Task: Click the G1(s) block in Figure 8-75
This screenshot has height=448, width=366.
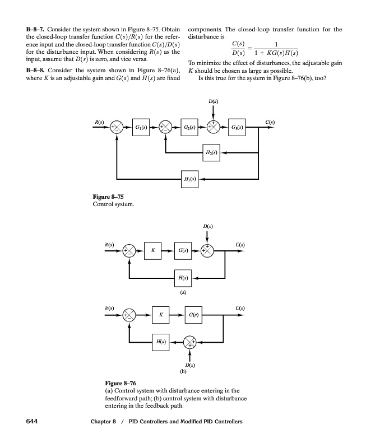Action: click(x=141, y=128)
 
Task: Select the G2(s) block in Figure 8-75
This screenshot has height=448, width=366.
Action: click(x=190, y=128)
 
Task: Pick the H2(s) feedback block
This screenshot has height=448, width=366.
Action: click(x=212, y=152)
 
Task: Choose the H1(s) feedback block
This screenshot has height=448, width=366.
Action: click(x=190, y=179)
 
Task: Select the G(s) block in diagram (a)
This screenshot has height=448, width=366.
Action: click(x=183, y=250)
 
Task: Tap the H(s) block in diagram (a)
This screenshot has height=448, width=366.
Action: click(x=183, y=278)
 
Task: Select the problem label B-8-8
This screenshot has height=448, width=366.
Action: click(x=38, y=71)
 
